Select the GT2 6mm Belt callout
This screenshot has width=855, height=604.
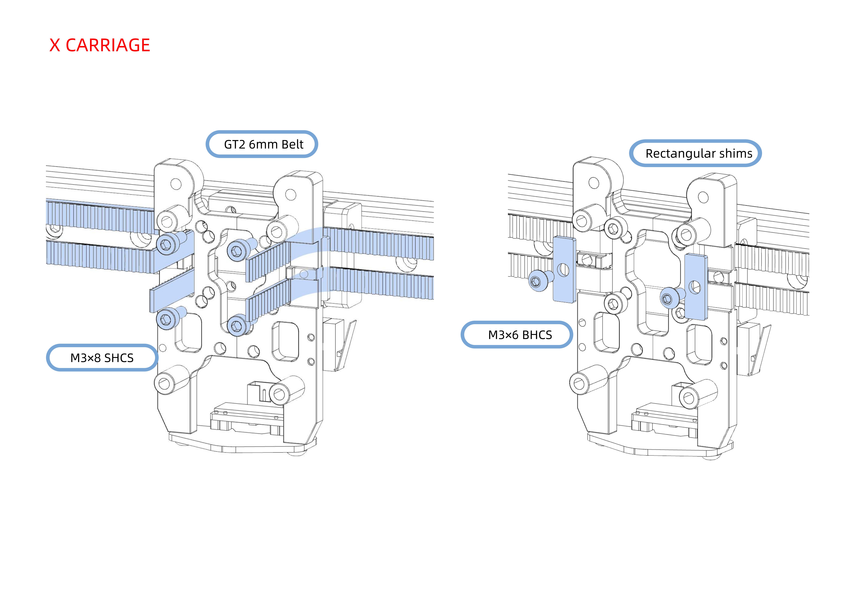[262, 144]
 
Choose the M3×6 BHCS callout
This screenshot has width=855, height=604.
[517, 335]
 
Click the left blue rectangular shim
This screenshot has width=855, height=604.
[564, 269]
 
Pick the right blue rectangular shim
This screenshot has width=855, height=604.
[696, 287]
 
